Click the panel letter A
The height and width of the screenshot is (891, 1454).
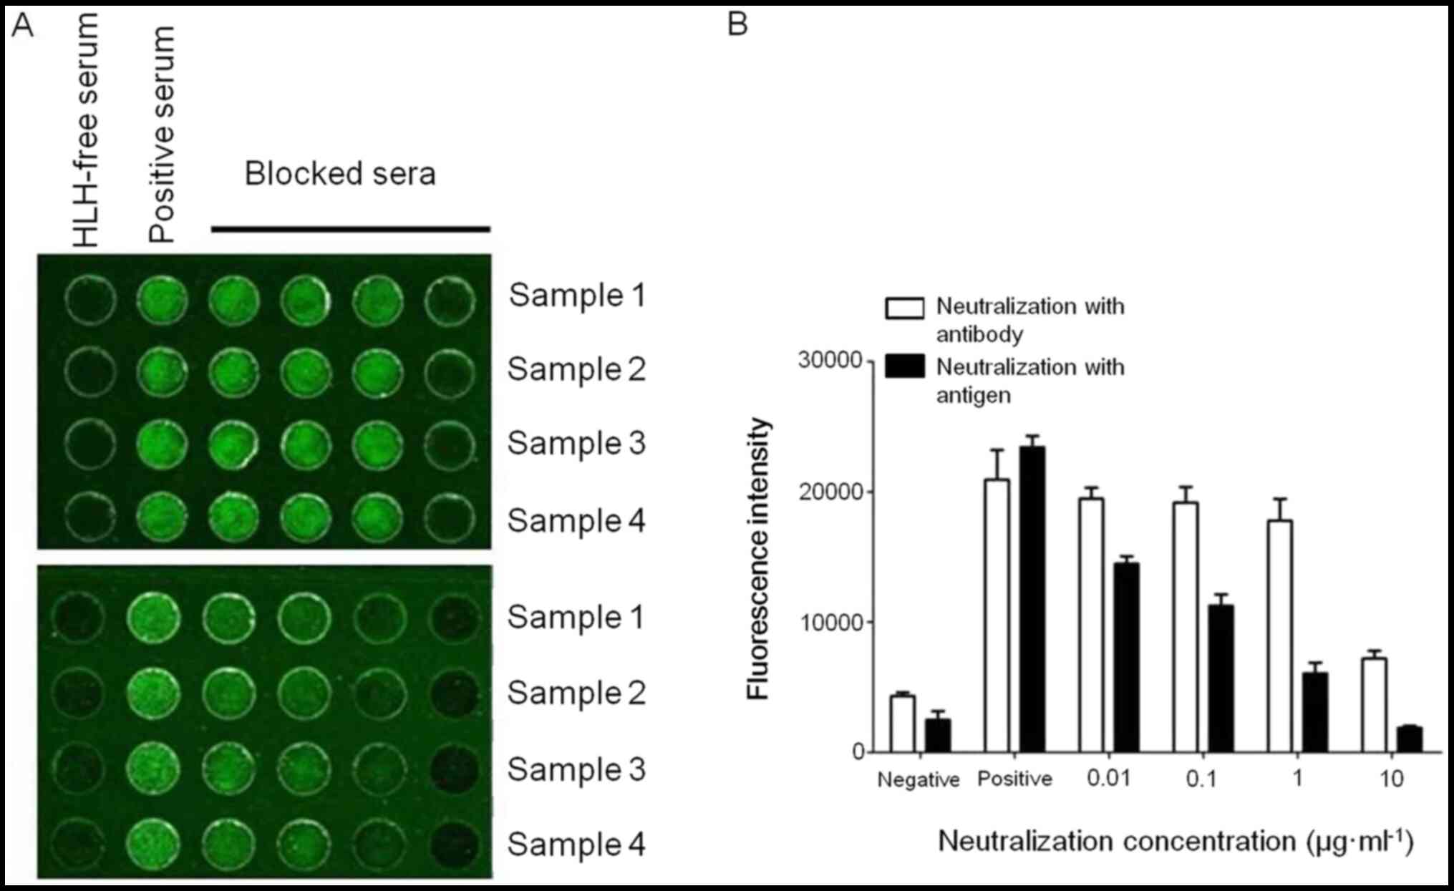pos(23,26)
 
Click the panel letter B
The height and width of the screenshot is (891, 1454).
pos(737,24)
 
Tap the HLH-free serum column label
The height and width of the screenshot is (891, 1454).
pos(86,131)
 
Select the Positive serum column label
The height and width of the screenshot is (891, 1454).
pos(162,135)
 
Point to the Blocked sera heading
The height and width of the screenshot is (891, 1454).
pos(340,174)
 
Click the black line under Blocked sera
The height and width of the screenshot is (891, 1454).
pos(350,229)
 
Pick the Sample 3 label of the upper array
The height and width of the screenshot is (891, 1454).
pos(576,443)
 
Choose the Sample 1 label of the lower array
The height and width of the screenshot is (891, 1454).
pos(576,617)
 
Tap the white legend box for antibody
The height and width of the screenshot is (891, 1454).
pos(904,308)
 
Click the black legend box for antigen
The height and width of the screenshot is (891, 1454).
pos(904,366)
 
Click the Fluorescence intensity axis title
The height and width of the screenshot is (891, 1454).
pos(758,558)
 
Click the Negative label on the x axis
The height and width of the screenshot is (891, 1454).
pos(919,779)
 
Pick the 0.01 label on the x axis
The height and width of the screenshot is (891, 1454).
pos(1108,778)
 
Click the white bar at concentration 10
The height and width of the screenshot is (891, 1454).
pos(1374,705)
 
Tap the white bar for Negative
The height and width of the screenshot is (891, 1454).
pos(903,724)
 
